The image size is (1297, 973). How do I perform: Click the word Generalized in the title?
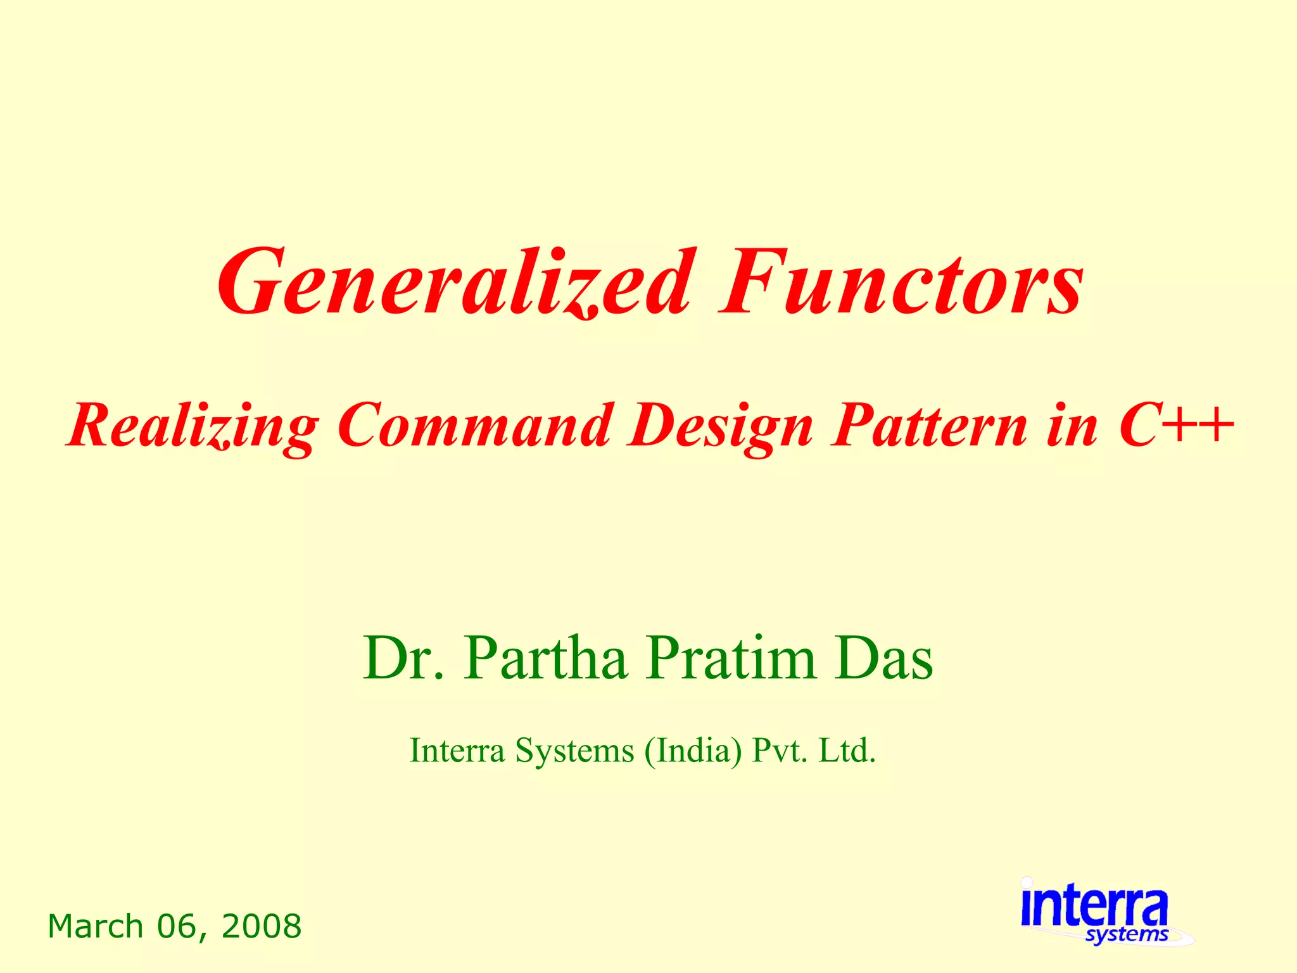pos(453,283)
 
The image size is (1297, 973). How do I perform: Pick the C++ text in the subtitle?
pos(1175,426)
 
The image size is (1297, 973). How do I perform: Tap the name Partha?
pos(545,659)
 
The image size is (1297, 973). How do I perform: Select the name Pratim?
pos(731,659)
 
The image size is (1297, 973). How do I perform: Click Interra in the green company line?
pos(457,751)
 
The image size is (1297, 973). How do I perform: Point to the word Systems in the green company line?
pos(574,751)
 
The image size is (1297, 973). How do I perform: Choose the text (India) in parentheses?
pos(693,751)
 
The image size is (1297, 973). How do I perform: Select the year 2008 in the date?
pos(262,927)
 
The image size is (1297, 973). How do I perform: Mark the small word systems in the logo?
pos(1127,935)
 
